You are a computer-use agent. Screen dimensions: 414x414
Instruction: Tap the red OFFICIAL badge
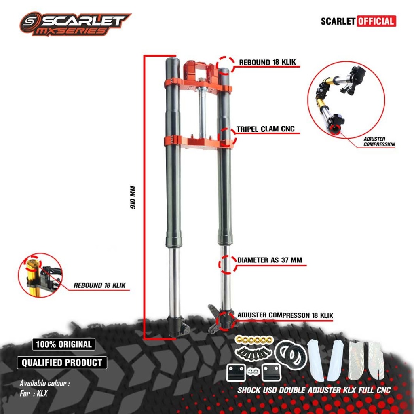[x=376, y=21]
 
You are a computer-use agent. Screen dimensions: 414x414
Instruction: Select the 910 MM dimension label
[x=132, y=197]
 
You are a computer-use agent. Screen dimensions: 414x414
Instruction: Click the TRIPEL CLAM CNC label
[x=266, y=129]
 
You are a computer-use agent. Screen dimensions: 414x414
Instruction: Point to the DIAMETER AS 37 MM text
[x=270, y=260]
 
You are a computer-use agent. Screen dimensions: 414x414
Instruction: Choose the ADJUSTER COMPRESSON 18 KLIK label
[x=285, y=315]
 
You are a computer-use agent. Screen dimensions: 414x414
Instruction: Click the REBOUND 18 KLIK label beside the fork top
[x=268, y=62]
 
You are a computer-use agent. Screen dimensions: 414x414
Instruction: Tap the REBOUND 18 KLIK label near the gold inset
[x=99, y=285]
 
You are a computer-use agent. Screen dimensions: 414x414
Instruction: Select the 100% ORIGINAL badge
[x=63, y=344]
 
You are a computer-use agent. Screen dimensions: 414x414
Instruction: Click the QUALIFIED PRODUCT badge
[x=62, y=362]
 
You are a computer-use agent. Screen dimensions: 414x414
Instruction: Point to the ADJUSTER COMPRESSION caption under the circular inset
[x=379, y=142]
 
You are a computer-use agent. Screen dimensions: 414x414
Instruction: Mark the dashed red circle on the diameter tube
[x=227, y=265]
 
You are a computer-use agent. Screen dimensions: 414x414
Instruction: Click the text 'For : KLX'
[x=34, y=394]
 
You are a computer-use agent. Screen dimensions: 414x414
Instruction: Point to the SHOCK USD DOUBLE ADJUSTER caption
[x=314, y=390]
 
